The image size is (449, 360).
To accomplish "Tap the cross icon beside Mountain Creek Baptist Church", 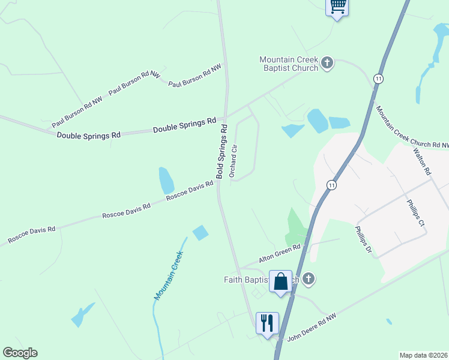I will tap(327, 63).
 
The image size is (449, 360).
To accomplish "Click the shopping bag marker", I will tap(280, 281).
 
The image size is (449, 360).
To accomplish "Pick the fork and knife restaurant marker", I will tap(267, 322).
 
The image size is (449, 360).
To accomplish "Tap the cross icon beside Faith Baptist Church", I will tap(309, 278).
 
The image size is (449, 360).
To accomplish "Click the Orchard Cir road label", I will tap(235, 160).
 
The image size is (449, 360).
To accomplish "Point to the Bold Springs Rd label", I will tap(222, 152).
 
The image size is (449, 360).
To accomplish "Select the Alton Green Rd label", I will tap(279, 254).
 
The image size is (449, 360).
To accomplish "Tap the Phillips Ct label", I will tap(415, 213).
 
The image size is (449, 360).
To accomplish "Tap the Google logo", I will tap(20, 353).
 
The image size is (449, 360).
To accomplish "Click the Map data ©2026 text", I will tap(424, 355).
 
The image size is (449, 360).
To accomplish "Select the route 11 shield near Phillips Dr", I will tap(331, 185).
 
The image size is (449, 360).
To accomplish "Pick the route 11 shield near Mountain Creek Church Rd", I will tap(378, 79).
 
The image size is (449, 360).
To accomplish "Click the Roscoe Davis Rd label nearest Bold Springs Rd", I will tap(190, 191).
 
